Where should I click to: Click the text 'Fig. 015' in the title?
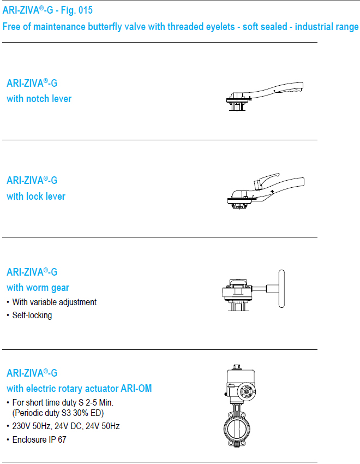pos(77,10)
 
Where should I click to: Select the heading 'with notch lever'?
pos(39,99)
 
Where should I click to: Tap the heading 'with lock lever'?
pos(36,196)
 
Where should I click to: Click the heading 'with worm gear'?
pos(38,288)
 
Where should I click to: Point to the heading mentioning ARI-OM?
pos(79,388)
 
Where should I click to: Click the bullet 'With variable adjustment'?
pos(55,302)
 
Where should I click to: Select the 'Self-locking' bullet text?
pos(32,316)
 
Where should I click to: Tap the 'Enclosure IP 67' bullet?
pos(39,440)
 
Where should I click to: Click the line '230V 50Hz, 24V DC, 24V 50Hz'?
pos(66,426)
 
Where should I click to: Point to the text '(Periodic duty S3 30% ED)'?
pos(58,413)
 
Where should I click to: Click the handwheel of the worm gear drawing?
pos(281,289)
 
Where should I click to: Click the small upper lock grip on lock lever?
pos(266,180)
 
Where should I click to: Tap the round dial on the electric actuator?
pos(247,391)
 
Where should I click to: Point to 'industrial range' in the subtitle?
pos(327,27)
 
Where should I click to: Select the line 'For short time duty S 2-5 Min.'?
pos(63,403)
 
